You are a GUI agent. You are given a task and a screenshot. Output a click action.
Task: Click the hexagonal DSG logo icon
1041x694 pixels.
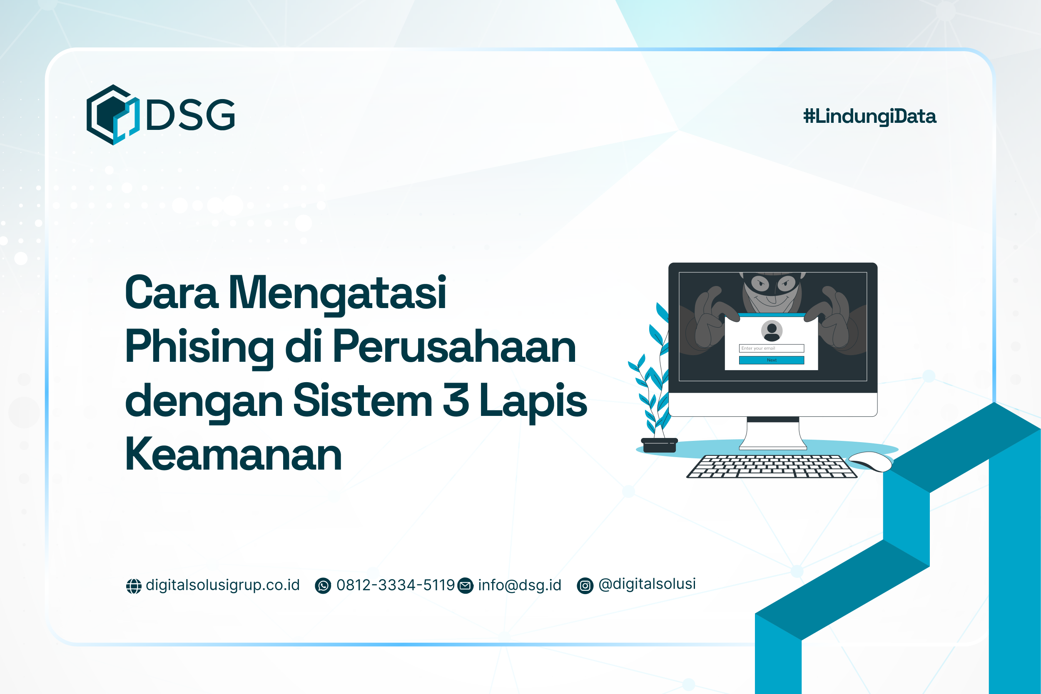click(x=113, y=114)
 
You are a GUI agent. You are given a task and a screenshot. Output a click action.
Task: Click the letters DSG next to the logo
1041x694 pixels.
click(x=190, y=114)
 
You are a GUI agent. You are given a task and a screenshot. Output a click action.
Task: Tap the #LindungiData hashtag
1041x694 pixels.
click(x=869, y=117)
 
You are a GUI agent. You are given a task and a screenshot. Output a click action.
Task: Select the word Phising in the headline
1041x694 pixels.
click(x=199, y=348)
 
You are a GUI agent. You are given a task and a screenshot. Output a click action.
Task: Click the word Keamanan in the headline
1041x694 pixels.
click(x=233, y=455)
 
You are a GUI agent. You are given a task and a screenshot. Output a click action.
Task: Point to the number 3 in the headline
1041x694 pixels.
click(x=456, y=400)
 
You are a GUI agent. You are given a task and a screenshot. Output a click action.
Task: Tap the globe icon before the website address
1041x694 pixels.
click(x=134, y=586)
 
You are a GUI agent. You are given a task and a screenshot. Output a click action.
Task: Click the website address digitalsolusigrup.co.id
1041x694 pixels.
click(x=223, y=585)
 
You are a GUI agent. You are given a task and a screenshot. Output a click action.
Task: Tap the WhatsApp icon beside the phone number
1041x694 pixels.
click(x=323, y=586)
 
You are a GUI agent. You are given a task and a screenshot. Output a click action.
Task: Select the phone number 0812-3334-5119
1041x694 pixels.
click(x=395, y=585)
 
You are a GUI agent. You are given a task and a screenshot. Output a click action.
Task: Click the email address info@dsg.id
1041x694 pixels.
click(x=519, y=585)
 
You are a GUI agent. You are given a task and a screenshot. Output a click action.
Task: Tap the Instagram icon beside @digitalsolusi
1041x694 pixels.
click(x=585, y=586)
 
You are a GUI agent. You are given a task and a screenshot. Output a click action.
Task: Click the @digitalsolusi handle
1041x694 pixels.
click(x=647, y=584)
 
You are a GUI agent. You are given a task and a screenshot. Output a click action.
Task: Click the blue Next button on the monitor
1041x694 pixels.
click(x=772, y=360)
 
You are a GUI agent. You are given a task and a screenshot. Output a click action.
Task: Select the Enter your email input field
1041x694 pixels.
click(x=772, y=348)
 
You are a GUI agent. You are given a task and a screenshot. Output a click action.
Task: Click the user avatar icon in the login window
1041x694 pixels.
click(x=772, y=331)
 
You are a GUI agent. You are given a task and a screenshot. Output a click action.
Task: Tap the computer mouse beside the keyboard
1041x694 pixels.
click(x=870, y=462)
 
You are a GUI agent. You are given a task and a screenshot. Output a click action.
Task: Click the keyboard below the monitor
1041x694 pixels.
click(x=772, y=467)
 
